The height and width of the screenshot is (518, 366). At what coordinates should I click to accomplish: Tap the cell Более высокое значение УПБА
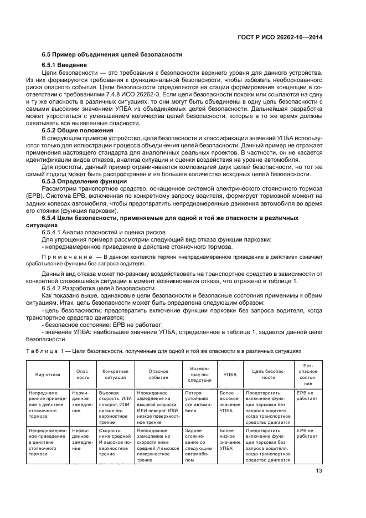229,401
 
